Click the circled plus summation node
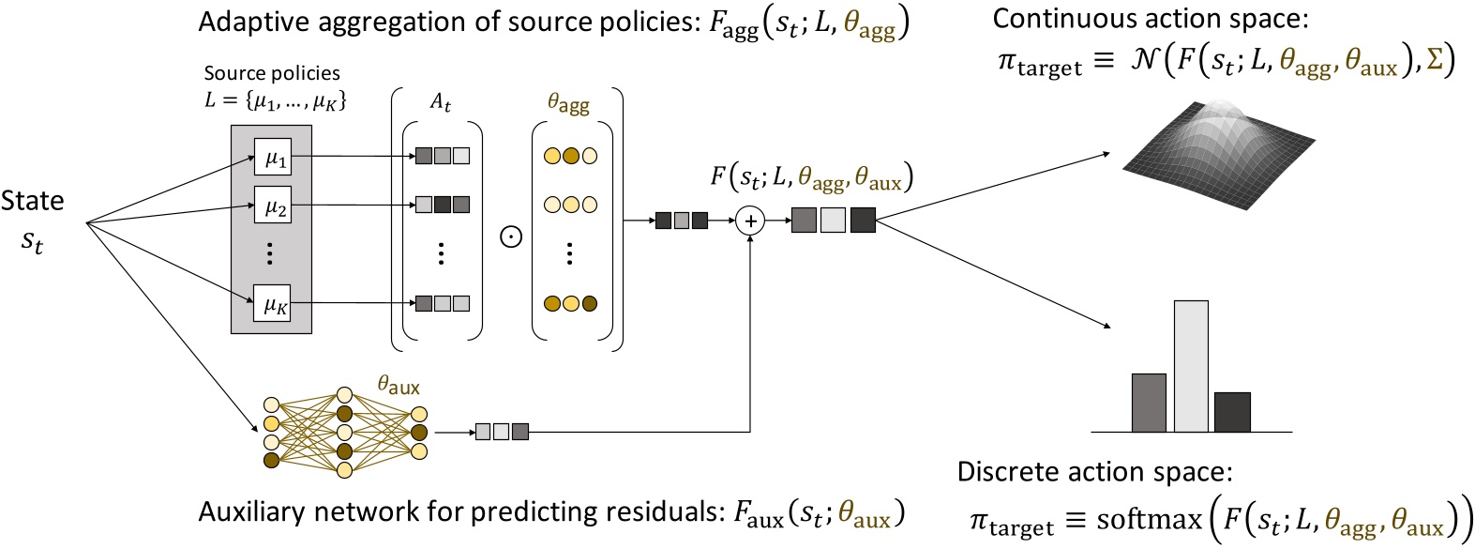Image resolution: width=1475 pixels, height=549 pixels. (x=750, y=221)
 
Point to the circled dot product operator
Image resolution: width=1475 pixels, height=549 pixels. (x=511, y=236)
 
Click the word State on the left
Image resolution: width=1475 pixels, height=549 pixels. (x=33, y=201)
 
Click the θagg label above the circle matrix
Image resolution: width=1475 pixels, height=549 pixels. (x=568, y=102)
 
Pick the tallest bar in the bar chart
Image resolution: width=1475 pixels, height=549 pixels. (x=1191, y=366)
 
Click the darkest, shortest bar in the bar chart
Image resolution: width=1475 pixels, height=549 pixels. (x=1232, y=412)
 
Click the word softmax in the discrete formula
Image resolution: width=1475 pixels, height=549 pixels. (x=1149, y=519)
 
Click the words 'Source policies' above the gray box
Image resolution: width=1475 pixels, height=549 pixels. (x=272, y=73)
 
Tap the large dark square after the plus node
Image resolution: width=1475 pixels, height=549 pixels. (x=863, y=221)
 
